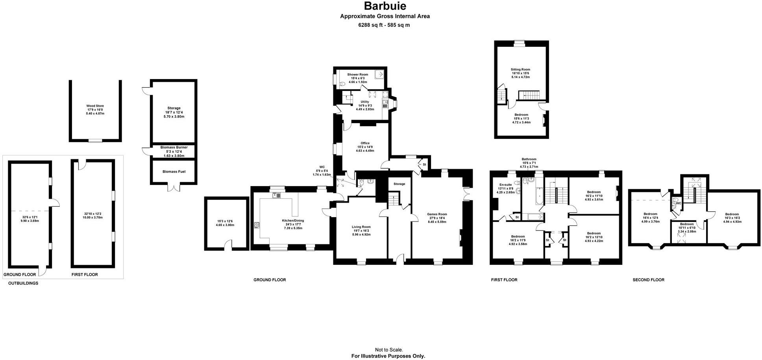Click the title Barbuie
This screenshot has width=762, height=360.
tap(385, 6)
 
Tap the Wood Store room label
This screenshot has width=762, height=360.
tap(95, 106)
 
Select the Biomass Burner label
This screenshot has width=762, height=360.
tap(174, 148)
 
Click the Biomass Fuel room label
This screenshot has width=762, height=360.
tap(174, 172)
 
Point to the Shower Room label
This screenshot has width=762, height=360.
tap(357, 74)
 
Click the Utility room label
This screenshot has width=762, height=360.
tap(364, 102)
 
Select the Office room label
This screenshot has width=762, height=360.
tap(365, 143)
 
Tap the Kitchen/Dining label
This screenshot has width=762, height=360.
tap(293, 221)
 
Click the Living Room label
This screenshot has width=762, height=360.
tap(361, 227)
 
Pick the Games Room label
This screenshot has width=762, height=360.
tap(437, 214)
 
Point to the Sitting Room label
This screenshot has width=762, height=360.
tap(520, 70)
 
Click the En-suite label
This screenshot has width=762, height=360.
tap(505, 185)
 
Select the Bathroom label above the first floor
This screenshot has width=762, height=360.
tap(529, 159)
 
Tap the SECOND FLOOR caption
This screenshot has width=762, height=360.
tap(648, 280)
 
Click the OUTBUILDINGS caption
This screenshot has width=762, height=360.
tap(23, 283)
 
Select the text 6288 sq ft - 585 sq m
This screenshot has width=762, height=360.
tap(384, 25)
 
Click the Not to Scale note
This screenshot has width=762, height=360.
tap(388, 350)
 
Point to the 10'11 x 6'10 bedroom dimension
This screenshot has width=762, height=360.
tap(687, 228)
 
